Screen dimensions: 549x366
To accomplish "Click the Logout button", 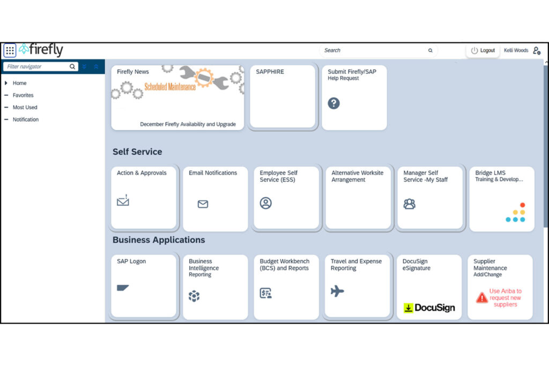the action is click(x=483, y=50).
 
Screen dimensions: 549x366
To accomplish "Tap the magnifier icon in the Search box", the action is click(x=431, y=50).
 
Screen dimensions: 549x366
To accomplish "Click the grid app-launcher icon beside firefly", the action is click(x=10, y=50).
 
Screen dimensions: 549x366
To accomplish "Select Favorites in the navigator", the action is click(x=23, y=95).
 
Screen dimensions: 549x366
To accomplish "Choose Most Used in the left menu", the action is click(x=25, y=107).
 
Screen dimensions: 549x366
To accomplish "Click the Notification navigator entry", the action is click(x=26, y=119).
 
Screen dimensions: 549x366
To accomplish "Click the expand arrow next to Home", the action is click(x=6, y=83).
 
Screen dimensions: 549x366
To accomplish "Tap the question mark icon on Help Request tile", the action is click(x=333, y=103).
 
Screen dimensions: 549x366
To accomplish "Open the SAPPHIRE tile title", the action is click(x=270, y=72).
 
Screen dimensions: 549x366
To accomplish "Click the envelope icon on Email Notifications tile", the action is click(x=203, y=204).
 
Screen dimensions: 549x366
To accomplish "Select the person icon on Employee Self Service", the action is click(x=266, y=203).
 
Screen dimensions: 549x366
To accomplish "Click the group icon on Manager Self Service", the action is click(x=409, y=204).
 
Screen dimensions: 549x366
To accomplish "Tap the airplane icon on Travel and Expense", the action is click(x=337, y=291).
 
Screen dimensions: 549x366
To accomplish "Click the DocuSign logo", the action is click(x=429, y=308).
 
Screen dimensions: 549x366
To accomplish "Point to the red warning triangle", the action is click(x=482, y=297).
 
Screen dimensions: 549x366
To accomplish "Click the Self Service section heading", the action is click(x=137, y=152).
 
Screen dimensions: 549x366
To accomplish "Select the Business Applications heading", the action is click(x=159, y=240).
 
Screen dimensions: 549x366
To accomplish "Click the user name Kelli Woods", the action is click(x=516, y=50).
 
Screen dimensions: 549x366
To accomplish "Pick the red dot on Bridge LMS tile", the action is click(x=523, y=205).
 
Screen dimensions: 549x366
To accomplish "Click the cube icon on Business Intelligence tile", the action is click(x=194, y=296).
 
